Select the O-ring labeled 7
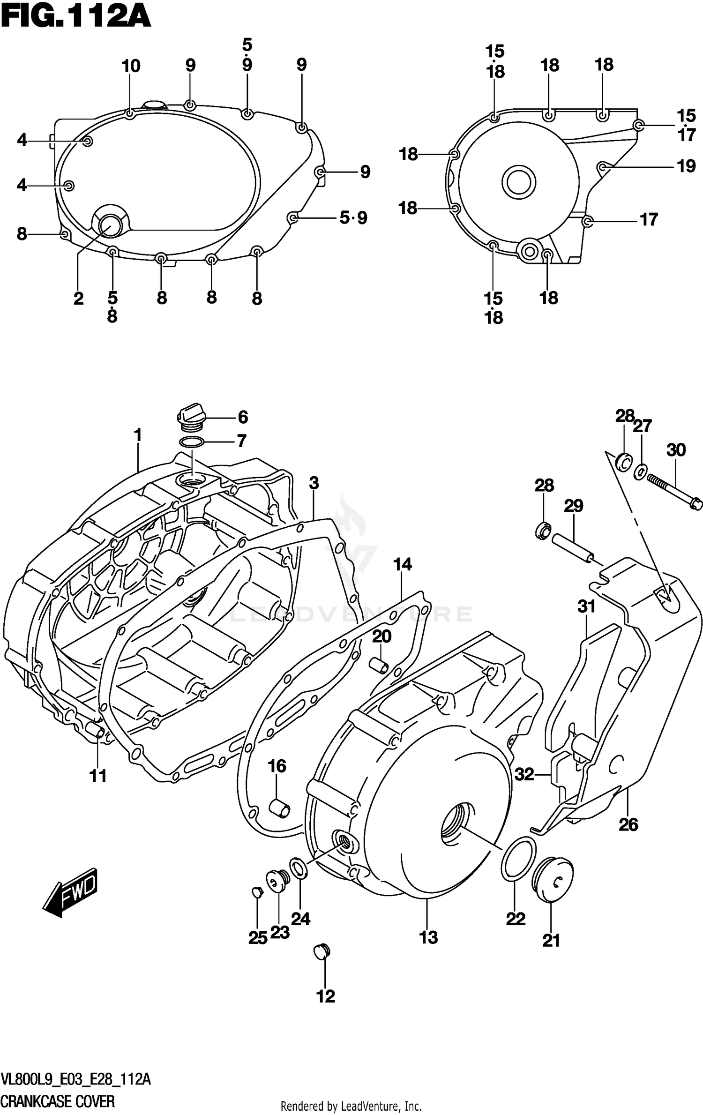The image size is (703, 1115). coord(191,442)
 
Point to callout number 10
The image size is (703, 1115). coord(131,66)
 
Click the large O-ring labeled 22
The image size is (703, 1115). coord(518,860)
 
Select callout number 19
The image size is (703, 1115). coord(686,166)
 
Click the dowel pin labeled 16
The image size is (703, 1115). coord(279,808)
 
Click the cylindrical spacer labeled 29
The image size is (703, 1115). coord(573,548)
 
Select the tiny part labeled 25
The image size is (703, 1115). coord(256,891)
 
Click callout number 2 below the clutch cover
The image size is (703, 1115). coord(78,298)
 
